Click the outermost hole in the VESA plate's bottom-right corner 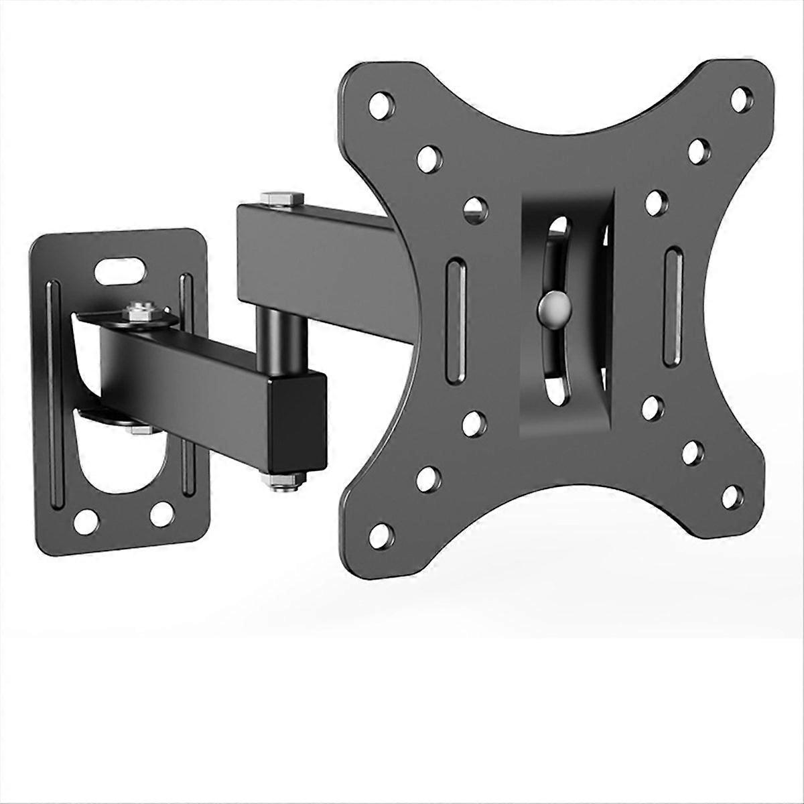[x=732, y=497]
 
